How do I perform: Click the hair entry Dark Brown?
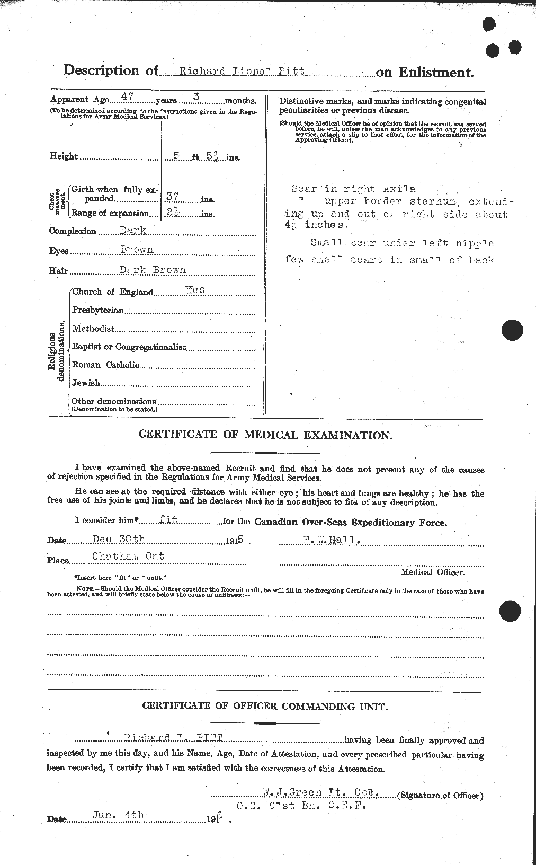pos(153,269)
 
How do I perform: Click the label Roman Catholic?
pos(105,365)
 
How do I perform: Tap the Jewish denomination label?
pos(86,383)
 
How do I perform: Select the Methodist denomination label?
pos(93,329)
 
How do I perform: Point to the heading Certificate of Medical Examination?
pos(265,435)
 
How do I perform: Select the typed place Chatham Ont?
pos(128,556)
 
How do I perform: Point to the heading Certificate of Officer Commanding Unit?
pos(264,707)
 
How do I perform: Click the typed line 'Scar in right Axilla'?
pos(353,189)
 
